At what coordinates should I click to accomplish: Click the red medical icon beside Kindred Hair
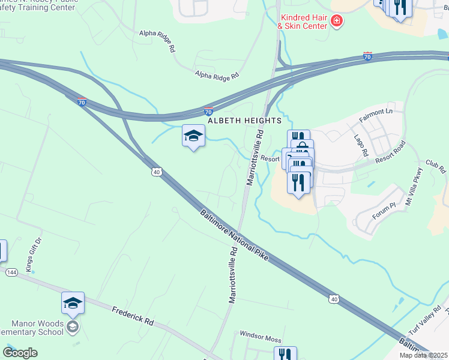337,22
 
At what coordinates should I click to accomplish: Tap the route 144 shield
11,272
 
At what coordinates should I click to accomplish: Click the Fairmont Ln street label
375,115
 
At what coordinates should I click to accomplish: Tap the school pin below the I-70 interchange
193,137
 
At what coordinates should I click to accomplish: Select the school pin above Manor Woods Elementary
73,304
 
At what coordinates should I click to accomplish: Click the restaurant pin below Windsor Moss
286,355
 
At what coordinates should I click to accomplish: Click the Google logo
20,353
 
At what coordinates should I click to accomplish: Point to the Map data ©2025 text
423,355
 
